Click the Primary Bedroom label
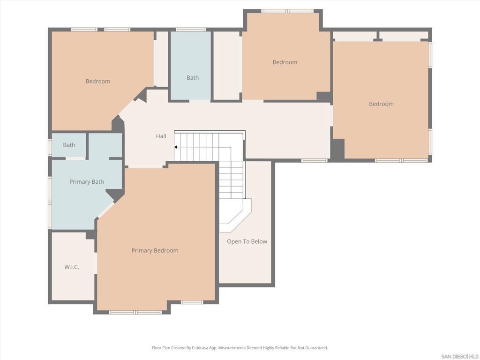tap(155, 250)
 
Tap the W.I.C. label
tap(72, 267)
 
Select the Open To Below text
tap(247, 241)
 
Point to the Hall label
tap(161, 136)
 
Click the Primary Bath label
tap(87, 182)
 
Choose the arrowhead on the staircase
tap(176, 147)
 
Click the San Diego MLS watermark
tap(459, 356)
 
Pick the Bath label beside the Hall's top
tap(193, 78)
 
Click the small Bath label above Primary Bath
tap(69, 145)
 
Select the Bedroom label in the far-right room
tap(381, 104)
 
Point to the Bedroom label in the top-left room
tap(97, 81)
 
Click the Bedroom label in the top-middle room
tap(285, 62)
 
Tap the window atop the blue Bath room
tap(191, 30)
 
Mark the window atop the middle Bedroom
tap(287, 11)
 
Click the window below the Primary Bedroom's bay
tap(135, 312)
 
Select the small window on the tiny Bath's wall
tap(50, 148)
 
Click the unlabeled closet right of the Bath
tap(227, 66)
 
